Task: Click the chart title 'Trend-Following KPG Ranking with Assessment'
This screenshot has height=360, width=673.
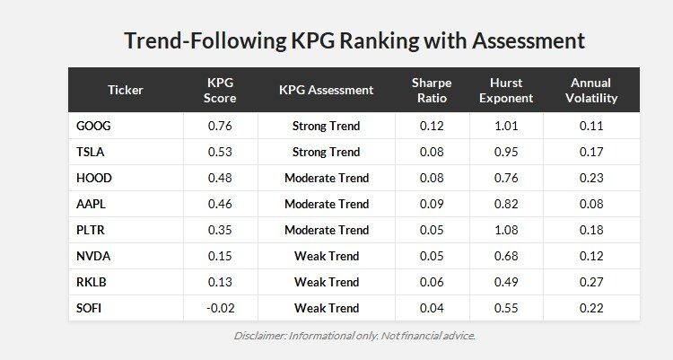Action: (x=354, y=40)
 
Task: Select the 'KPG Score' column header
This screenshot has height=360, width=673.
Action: (x=220, y=90)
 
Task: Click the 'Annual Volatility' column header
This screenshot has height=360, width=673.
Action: (x=590, y=90)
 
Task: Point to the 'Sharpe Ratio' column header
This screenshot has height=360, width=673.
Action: (x=432, y=90)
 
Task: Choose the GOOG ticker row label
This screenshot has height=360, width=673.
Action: (x=94, y=126)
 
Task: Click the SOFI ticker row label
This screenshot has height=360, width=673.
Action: (x=92, y=308)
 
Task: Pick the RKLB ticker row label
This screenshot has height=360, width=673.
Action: (x=92, y=282)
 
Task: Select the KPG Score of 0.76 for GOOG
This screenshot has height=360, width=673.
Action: (x=220, y=126)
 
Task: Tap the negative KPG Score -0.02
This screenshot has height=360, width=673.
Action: (x=220, y=308)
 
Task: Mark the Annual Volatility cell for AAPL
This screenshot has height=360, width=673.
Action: (x=590, y=204)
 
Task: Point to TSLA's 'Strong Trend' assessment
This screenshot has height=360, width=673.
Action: (x=326, y=152)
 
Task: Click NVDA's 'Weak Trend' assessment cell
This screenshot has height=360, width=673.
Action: (x=326, y=256)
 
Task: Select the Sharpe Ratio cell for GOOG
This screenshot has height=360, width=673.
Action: (x=432, y=126)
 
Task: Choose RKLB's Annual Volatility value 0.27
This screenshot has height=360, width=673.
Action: (x=590, y=282)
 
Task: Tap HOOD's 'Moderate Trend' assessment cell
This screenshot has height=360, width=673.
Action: (x=326, y=178)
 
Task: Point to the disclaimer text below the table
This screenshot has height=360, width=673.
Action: (x=354, y=336)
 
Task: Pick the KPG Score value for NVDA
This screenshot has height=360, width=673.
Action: (x=220, y=256)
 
